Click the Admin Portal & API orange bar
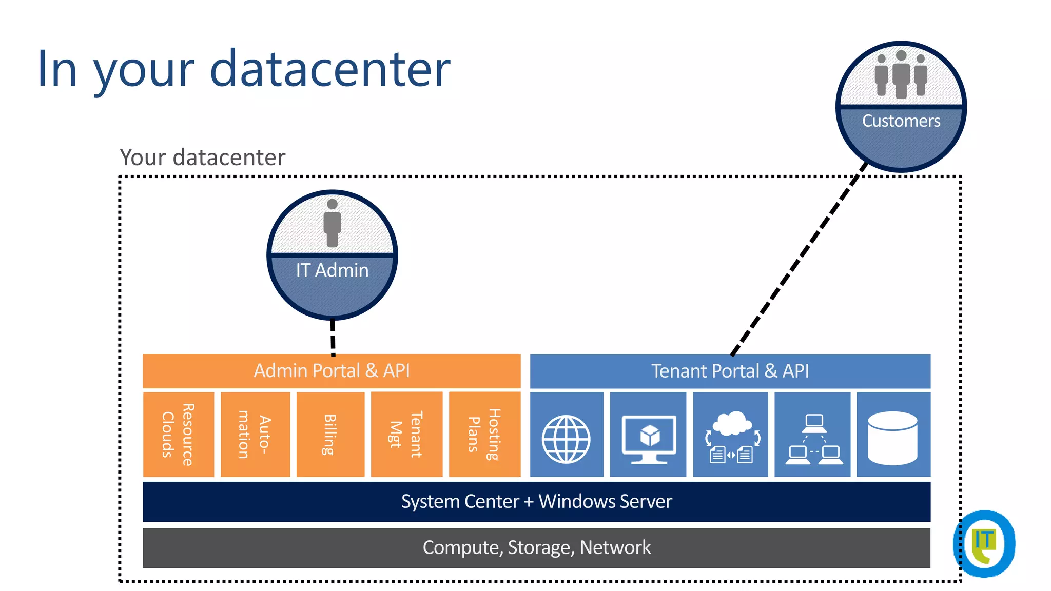click(332, 371)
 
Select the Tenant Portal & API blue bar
click(730, 371)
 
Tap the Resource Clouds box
click(178, 435)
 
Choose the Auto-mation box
click(255, 435)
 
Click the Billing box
click(330, 435)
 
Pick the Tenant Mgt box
click(406, 435)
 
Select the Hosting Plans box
click(484, 435)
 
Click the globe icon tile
click(566, 439)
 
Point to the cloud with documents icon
click(731, 437)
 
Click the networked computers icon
click(813, 439)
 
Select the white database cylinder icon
click(892, 438)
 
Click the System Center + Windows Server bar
click(536, 501)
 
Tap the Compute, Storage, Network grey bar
click(536, 547)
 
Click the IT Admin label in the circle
click(332, 270)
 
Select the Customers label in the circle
click(901, 121)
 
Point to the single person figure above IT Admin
click(332, 223)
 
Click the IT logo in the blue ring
click(984, 544)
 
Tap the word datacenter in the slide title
click(330, 69)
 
